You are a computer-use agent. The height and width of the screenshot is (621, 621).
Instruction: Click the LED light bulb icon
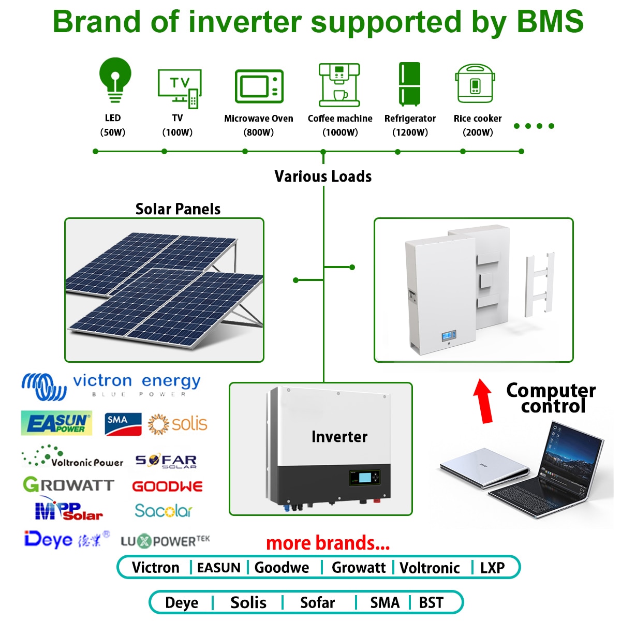tap(115, 80)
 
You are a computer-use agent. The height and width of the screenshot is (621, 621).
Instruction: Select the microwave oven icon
tap(259, 86)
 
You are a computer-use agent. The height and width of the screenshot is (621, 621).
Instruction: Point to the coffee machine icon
tap(339, 85)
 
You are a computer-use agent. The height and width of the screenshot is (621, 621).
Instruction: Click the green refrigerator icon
tap(409, 84)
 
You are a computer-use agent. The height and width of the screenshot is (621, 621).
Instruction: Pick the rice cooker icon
tap(475, 83)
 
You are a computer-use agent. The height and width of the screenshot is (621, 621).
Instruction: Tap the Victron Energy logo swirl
tap(44, 387)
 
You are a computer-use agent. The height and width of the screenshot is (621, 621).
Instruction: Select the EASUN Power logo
tap(57, 423)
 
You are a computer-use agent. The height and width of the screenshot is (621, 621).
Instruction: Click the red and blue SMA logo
tap(123, 424)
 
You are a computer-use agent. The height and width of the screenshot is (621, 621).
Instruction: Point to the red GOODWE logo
tap(167, 486)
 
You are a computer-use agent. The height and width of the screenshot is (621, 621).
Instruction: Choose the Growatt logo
tap(69, 484)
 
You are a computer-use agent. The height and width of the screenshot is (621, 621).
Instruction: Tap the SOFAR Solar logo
tap(166, 462)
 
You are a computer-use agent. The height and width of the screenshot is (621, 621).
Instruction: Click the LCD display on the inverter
tap(365, 477)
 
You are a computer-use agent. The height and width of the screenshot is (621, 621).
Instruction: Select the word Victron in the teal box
tap(156, 568)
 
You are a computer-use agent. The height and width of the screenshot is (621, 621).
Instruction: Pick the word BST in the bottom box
tap(431, 603)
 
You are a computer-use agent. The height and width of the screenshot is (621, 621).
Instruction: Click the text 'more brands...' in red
tap(328, 543)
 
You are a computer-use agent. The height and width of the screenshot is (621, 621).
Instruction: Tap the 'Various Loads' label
tap(323, 176)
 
